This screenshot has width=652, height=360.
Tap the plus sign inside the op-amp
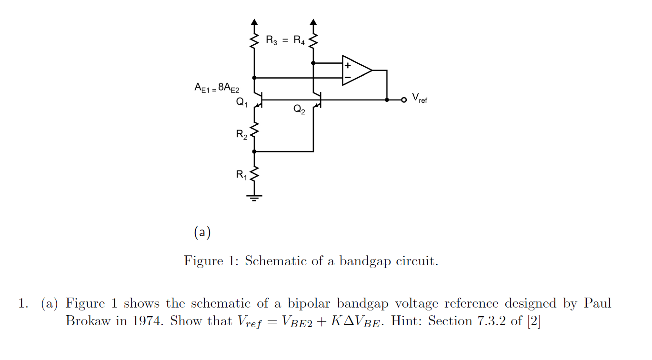click(348, 65)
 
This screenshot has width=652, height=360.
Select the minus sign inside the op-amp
click(348, 77)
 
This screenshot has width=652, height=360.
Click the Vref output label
click(420, 99)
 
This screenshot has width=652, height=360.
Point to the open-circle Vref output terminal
click(404, 100)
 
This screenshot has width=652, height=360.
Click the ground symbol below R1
click(254, 197)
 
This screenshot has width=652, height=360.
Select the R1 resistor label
click(241, 175)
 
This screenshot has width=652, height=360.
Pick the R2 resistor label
click(241, 134)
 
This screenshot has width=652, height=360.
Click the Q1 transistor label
click(241, 102)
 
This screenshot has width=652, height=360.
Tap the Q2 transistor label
click(299, 110)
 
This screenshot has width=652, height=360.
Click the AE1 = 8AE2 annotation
click(217, 88)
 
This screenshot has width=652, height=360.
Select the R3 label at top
click(271, 40)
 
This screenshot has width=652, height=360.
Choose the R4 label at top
click(299, 40)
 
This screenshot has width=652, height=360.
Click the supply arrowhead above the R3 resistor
click(254, 22)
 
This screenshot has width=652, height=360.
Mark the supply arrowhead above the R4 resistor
click(313, 22)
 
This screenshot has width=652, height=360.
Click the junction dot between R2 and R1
click(254, 151)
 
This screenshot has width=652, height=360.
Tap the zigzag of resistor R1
click(254, 174)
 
